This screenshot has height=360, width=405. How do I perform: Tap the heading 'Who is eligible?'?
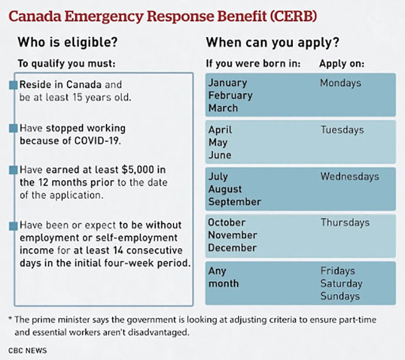tap(68, 42)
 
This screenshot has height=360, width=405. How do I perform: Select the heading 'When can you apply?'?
tap(272, 43)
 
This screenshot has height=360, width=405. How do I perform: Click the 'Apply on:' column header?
tap(342, 64)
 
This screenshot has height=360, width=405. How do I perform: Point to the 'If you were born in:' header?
tap(253, 64)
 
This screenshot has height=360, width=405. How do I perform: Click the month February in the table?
tap(230, 96)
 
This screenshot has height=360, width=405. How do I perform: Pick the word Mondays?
tap(341, 83)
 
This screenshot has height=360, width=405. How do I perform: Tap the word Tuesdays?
tap(342, 130)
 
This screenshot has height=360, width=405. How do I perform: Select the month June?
tap(220, 155)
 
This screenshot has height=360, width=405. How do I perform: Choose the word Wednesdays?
tap(350, 177)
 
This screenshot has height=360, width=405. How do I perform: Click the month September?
tap(235, 202)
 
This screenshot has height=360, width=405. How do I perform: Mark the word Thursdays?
tap(345, 223)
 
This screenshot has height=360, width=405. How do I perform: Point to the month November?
tap(232, 235)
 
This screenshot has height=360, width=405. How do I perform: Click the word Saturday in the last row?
tap(341, 284)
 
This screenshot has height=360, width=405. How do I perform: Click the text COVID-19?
tap(97, 141)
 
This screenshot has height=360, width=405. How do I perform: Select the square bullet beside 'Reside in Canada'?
tap(13, 85)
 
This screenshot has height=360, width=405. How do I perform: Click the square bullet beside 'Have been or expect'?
tap(13, 226)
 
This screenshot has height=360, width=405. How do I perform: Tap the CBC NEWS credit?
tap(27, 350)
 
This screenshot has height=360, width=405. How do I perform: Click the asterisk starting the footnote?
tap(10, 319)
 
